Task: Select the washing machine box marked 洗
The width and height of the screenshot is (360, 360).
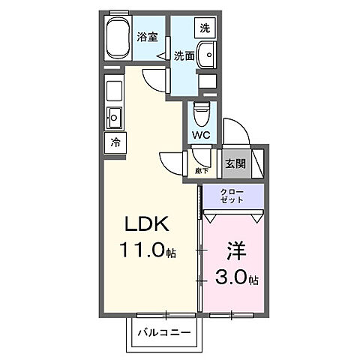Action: (203, 28)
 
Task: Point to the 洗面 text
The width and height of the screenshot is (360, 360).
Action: (184, 55)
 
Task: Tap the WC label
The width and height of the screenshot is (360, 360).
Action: (201, 135)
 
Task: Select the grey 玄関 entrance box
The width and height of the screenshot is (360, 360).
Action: (232, 162)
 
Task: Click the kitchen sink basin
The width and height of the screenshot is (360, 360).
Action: (114, 118)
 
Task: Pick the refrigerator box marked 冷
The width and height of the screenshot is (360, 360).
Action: (115, 141)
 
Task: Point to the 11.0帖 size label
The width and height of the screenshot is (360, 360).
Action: (147, 251)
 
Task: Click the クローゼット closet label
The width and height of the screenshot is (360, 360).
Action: (232, 197)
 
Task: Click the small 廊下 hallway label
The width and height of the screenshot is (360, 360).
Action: (202, 170)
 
